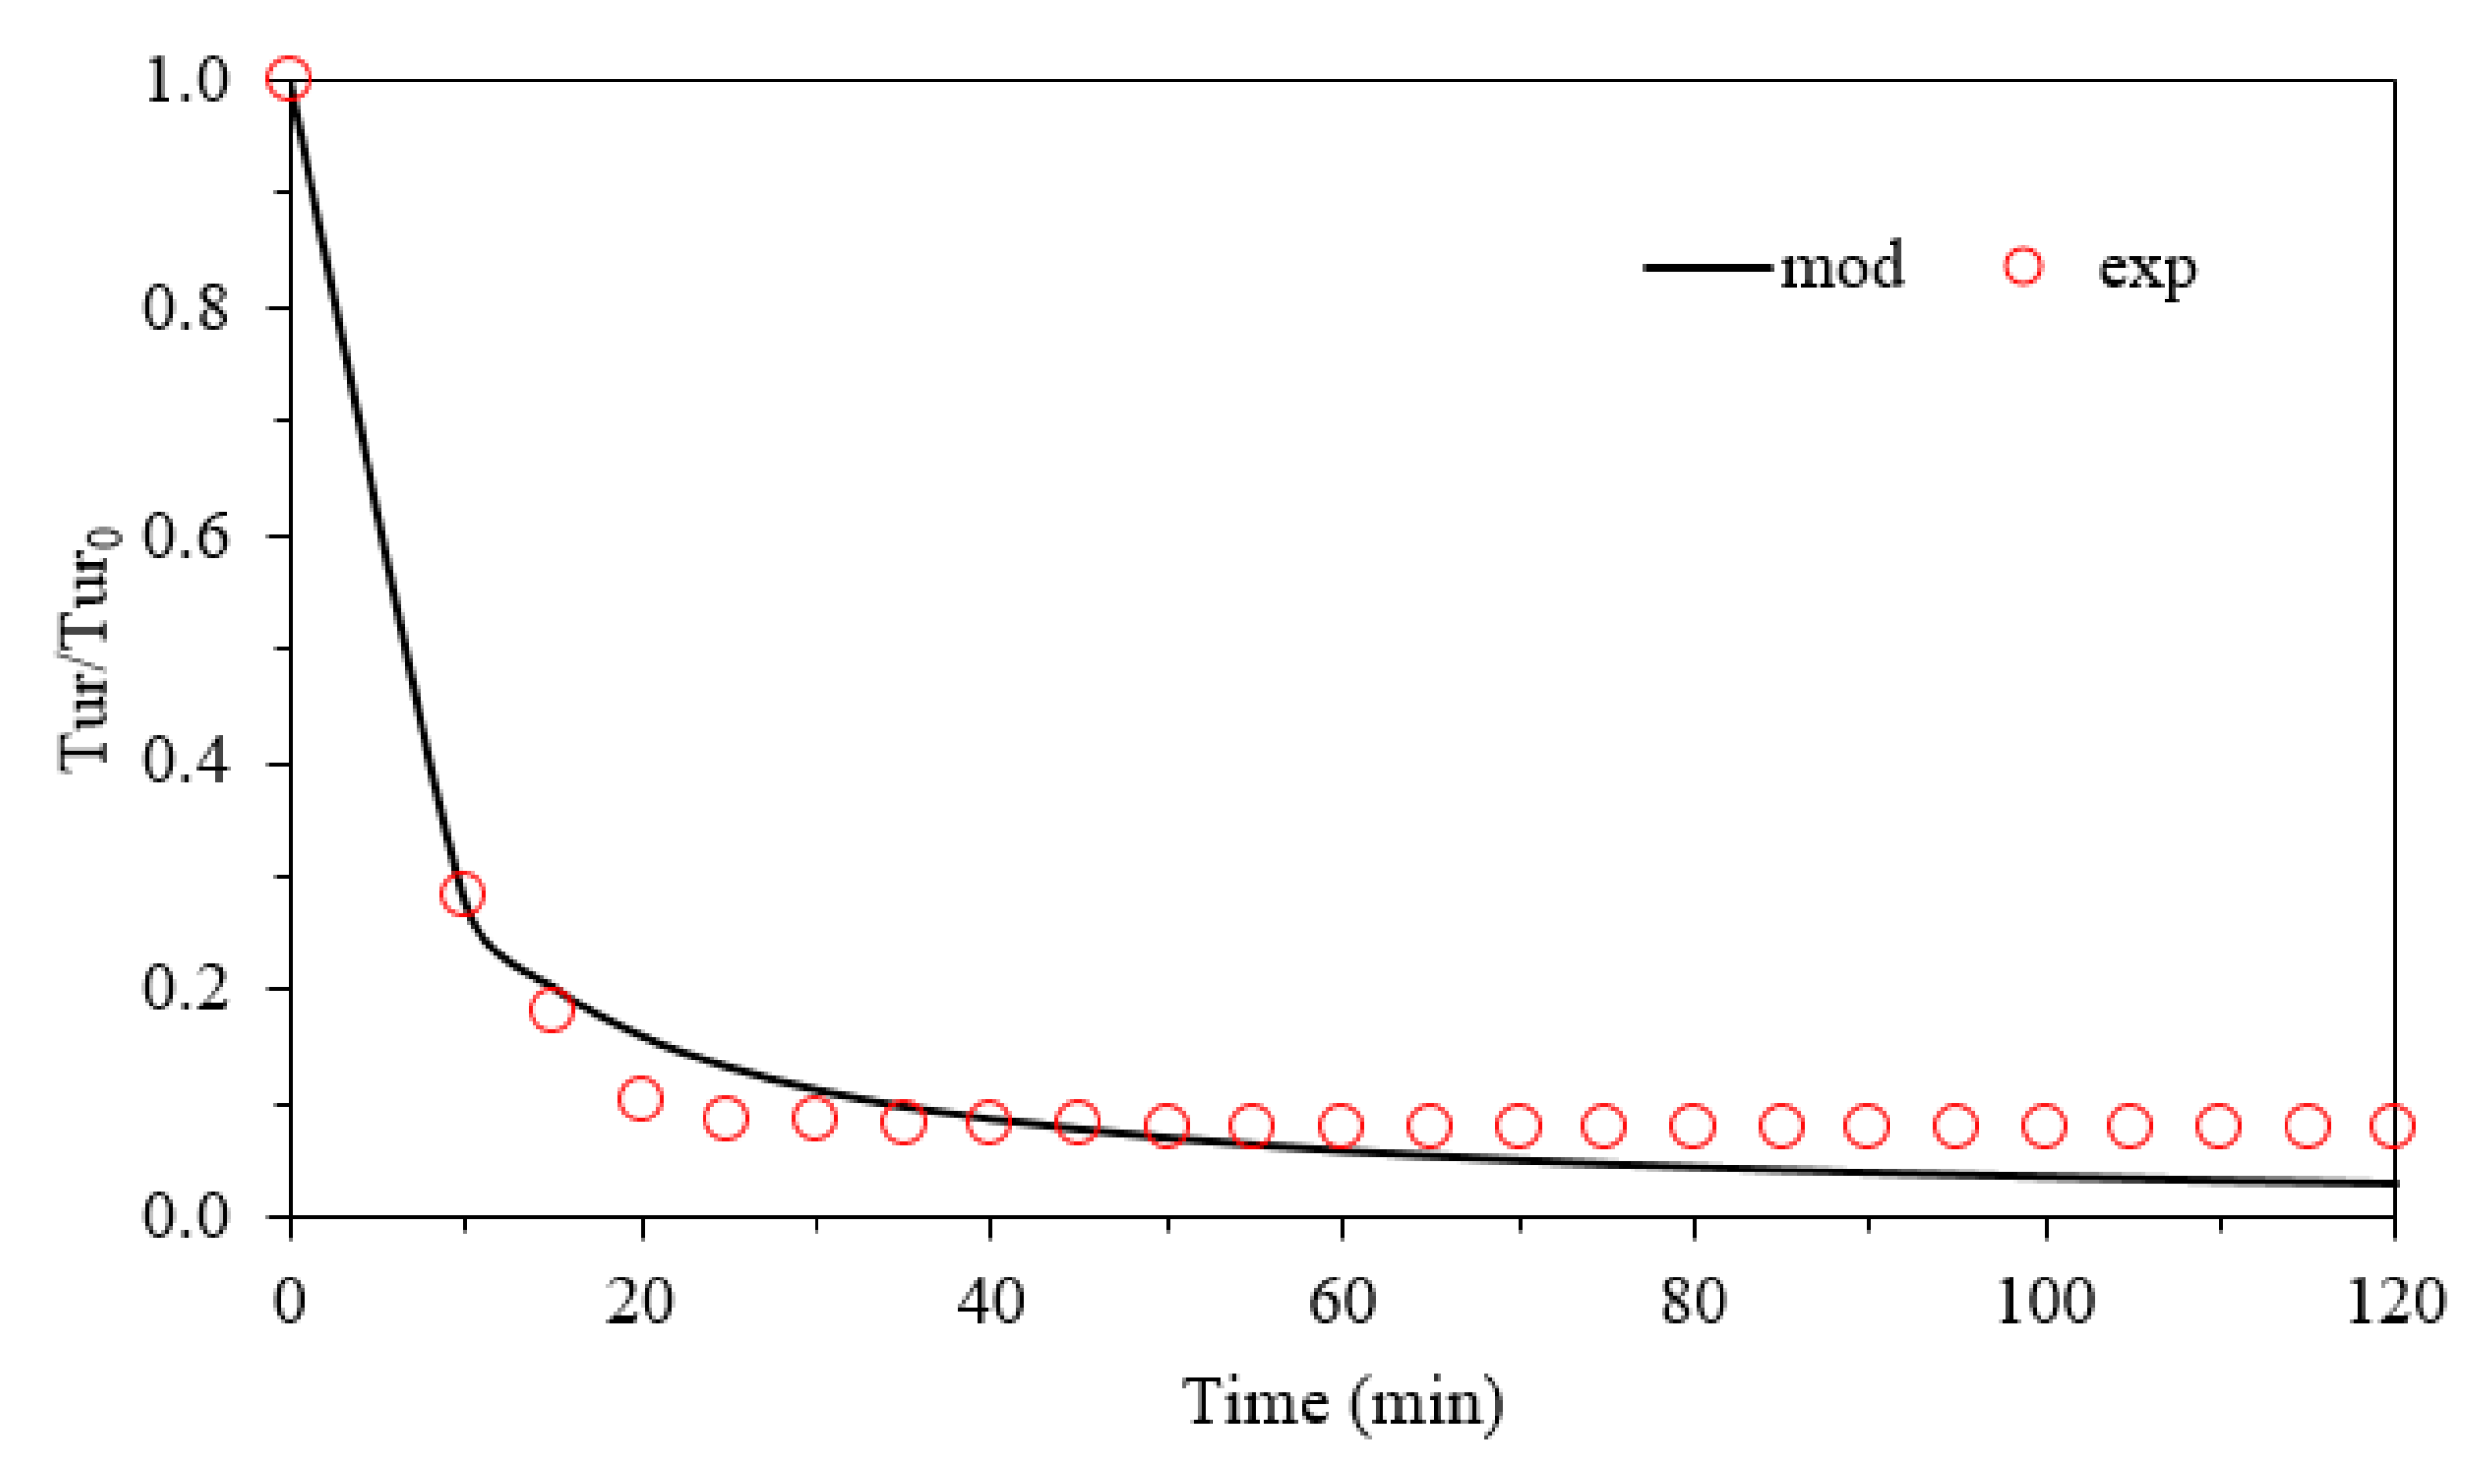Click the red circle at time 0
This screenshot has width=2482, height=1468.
tap(289, 79)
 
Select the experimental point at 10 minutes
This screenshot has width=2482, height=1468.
tap(462, 895)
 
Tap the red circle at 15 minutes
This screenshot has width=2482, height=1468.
tap(551, 1010)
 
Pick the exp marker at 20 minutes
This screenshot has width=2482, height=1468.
tap(641, 1099)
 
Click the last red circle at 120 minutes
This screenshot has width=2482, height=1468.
tap(2393, 1125)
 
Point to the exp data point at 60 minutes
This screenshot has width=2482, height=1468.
tap(1341, 1125)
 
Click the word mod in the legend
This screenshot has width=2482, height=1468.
tap(1841, 266)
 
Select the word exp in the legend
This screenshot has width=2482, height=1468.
tap(2147, 268)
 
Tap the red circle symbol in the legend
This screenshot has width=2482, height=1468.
tap(2023, 266)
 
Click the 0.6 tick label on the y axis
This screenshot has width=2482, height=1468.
tap(186, 537)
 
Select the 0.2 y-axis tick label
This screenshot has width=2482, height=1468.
tap(186, 989)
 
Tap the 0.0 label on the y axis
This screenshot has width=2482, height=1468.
tap(186, 1216)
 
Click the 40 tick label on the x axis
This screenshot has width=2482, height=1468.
tap(989, 1302)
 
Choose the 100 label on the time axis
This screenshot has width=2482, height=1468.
tap(2045, 1302)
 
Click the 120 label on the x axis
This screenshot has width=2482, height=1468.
tap(2395, 1302)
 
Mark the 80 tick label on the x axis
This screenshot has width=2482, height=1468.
tap(1693, 1302)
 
